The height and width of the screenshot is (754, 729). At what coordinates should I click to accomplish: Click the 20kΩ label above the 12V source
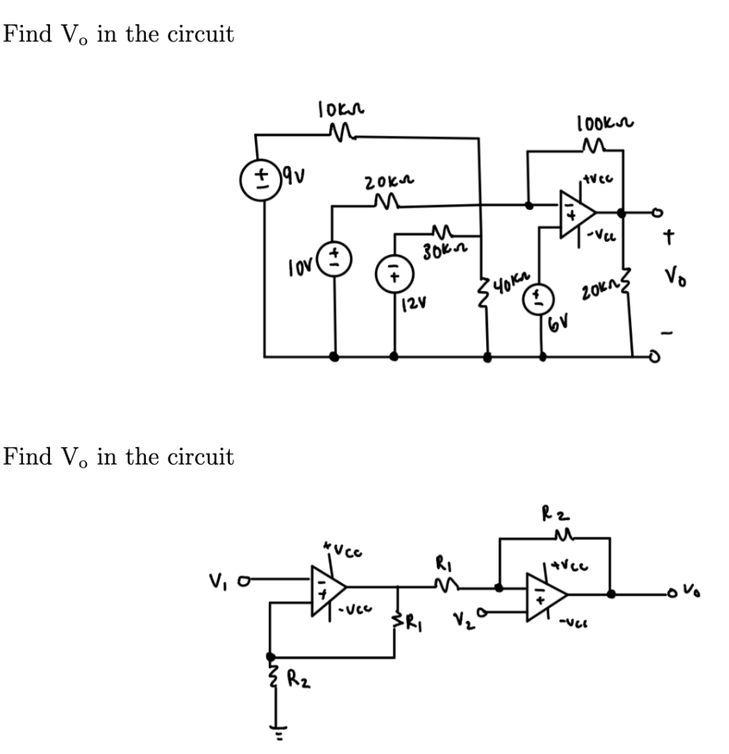(384, 181)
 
